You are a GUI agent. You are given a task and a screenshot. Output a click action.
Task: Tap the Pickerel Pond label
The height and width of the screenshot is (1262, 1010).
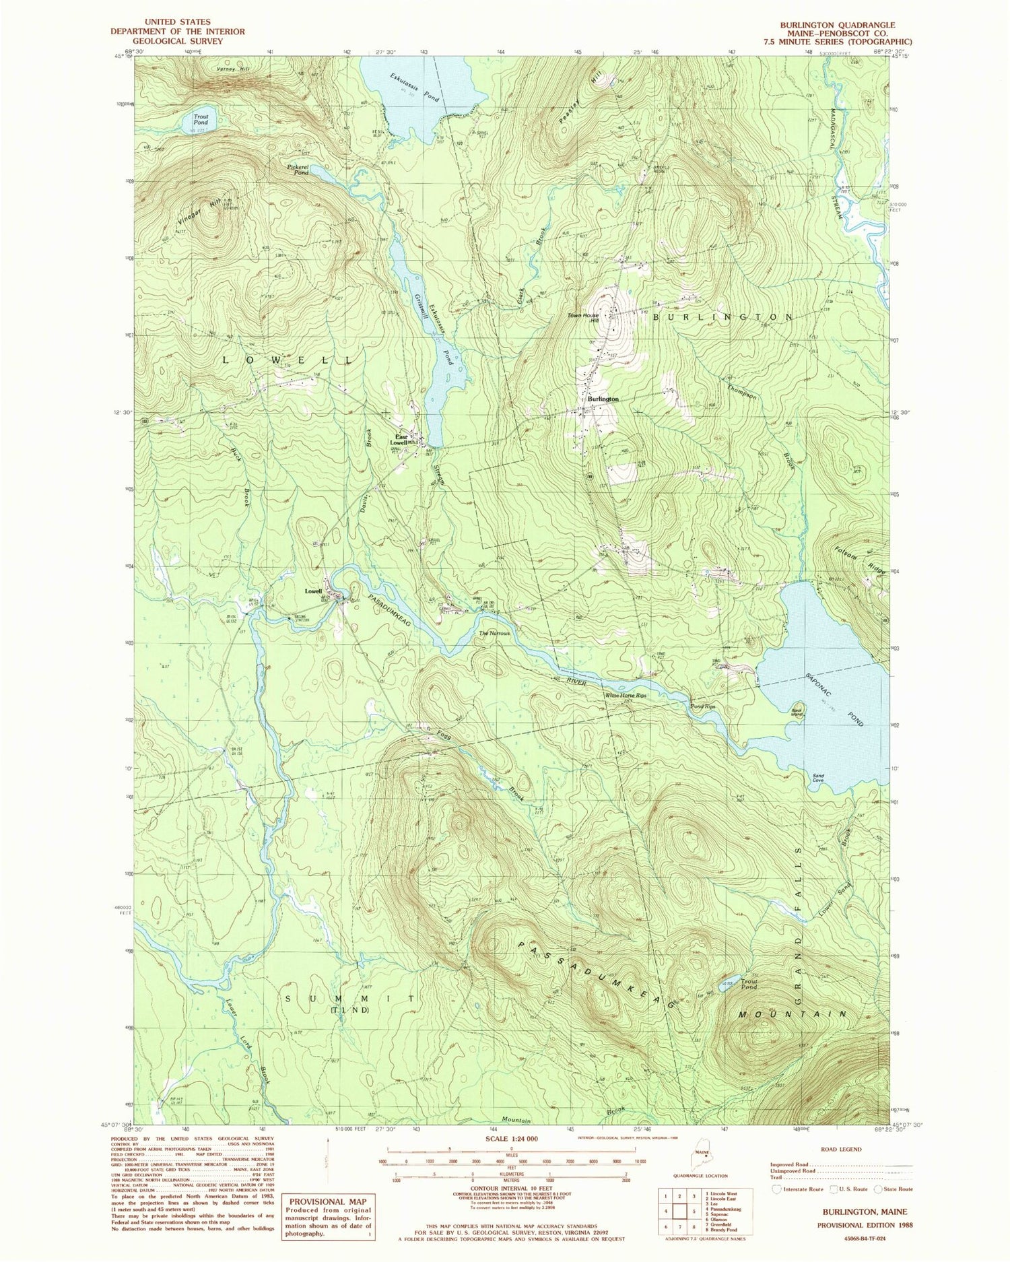pos(296,168)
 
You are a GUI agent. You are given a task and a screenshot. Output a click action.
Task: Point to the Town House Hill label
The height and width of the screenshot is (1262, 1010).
pos(584,318)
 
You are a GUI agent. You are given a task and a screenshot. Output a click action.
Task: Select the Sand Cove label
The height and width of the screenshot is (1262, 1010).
pos(819,778)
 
